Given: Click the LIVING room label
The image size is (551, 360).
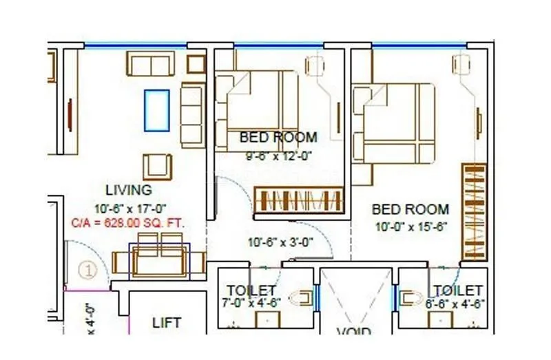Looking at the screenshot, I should click(129, 190).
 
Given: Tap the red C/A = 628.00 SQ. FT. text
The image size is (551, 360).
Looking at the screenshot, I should click(129, 224).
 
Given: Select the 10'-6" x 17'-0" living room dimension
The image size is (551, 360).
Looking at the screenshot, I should click(130, 208).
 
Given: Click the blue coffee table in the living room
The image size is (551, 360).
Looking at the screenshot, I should click(156, 109).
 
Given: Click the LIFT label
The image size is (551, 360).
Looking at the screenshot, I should click(167, 322).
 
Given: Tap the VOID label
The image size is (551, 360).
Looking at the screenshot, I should click(355, 333).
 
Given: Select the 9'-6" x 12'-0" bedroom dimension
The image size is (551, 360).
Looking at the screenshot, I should click(279, 156).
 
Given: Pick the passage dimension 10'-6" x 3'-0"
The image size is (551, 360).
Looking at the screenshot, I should click(281, 242).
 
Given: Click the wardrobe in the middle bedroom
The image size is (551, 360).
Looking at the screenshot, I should click(298, 199).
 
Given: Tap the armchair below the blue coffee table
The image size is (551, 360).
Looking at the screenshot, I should click(156, 165).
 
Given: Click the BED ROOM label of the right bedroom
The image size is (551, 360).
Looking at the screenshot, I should click(410, 209).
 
